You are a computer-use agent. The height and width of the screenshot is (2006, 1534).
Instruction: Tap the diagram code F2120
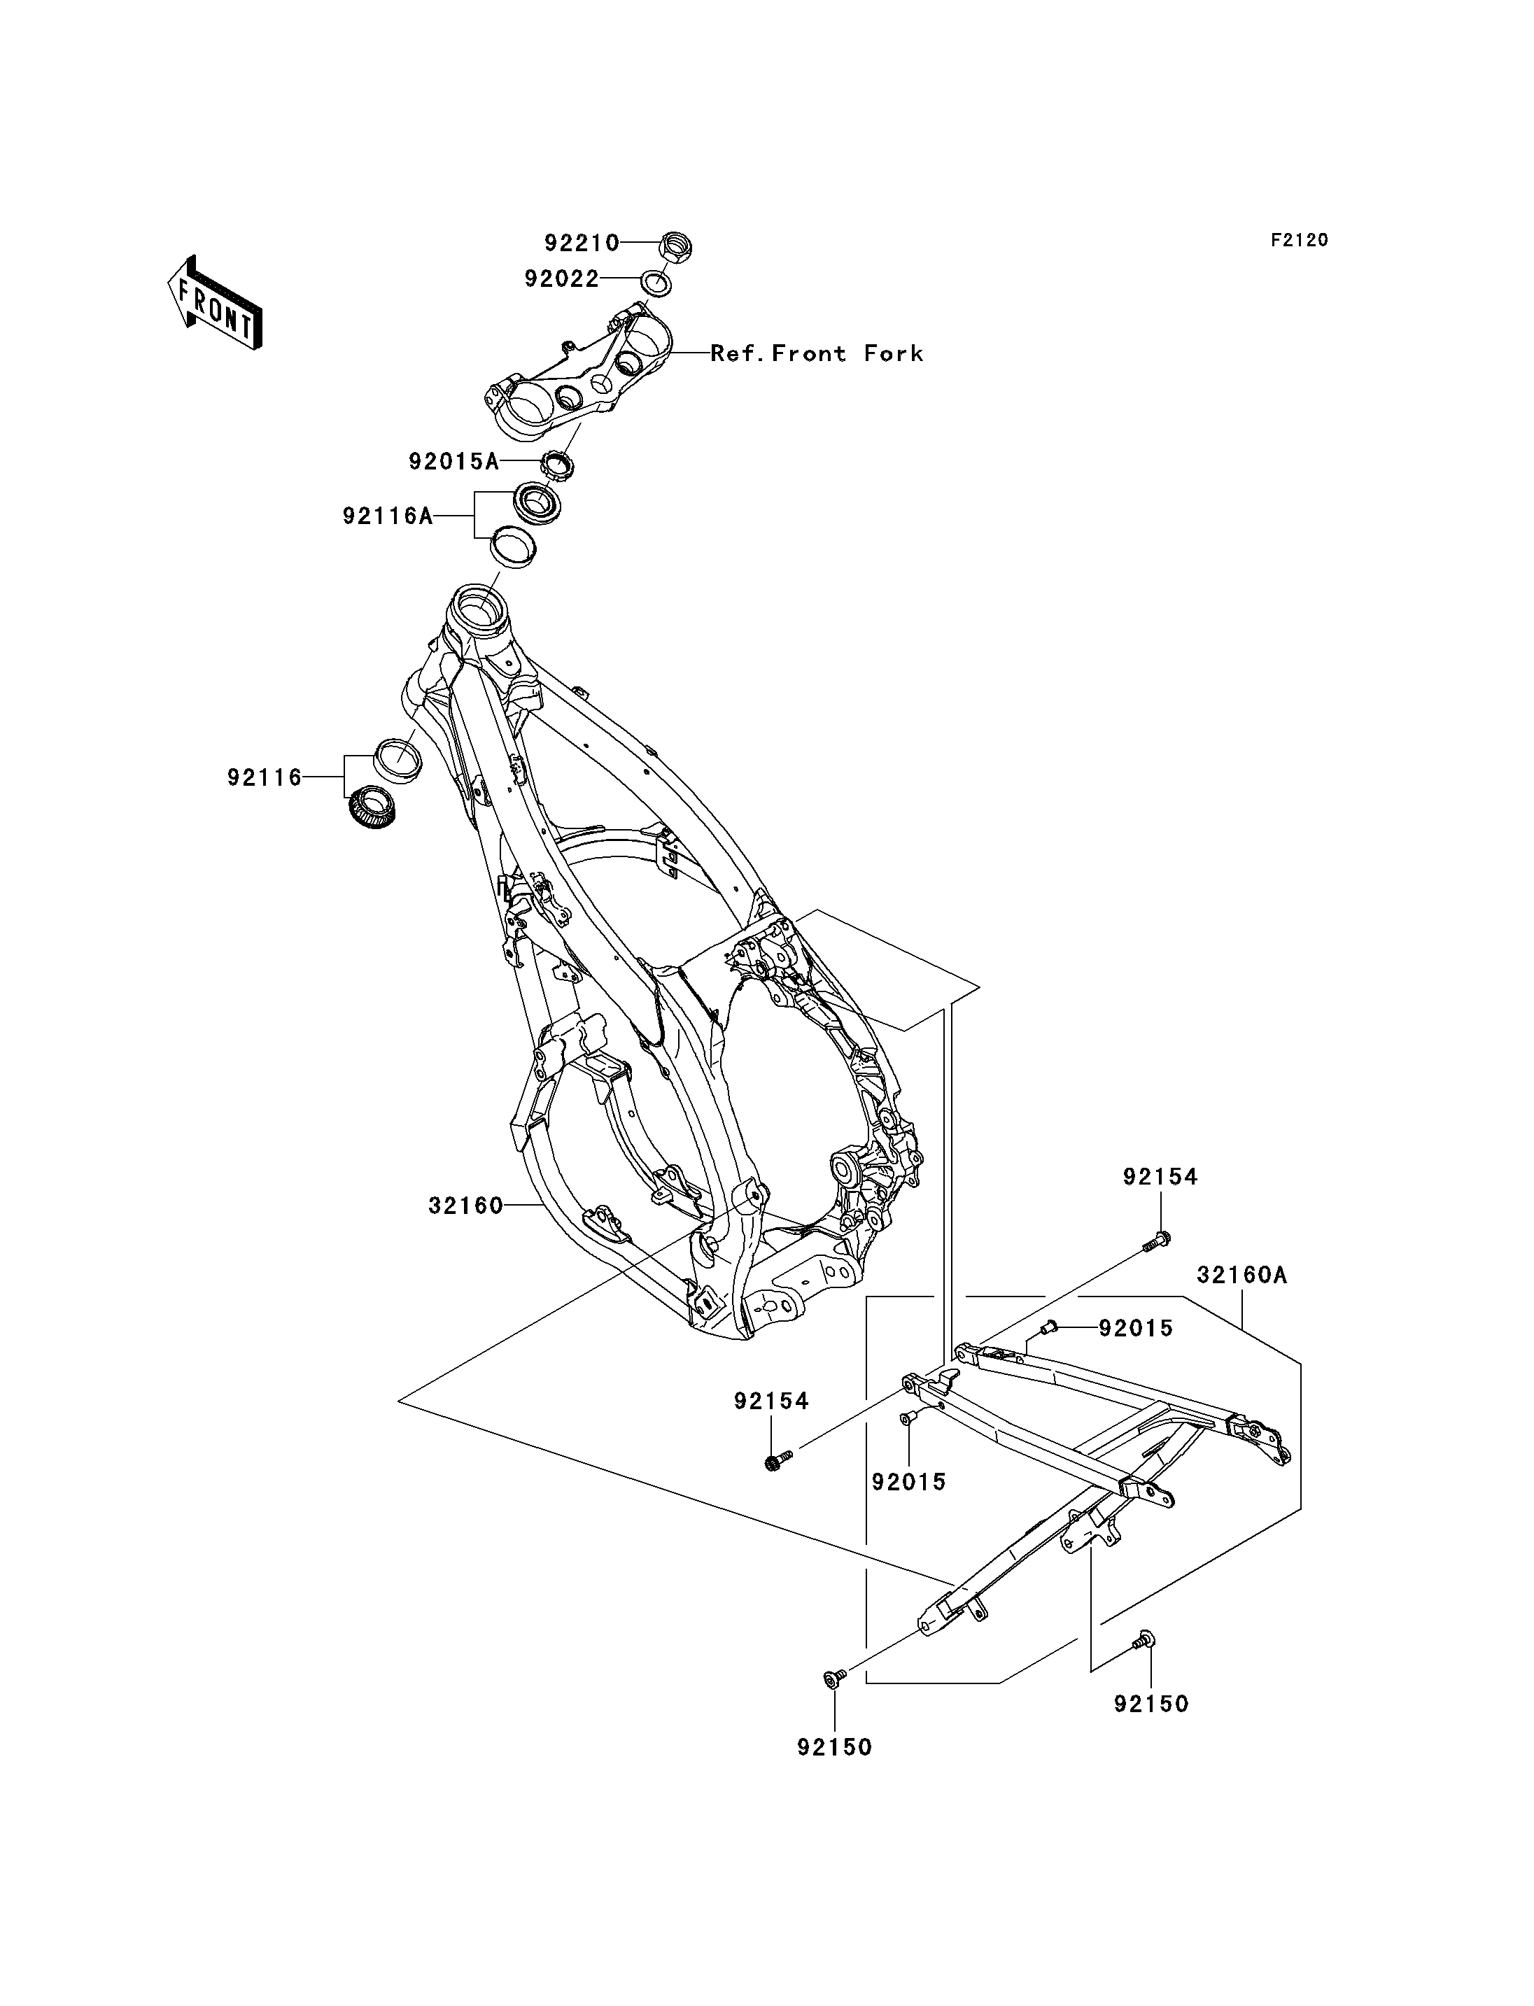point(1300,240)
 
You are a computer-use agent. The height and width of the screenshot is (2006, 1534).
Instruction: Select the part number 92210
point(582,243)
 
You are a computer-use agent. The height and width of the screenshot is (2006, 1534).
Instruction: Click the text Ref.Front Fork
point(816,353)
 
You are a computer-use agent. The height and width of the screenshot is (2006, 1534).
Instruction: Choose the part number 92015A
point(453,462)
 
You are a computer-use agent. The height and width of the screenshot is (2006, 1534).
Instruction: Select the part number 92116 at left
point(264,778)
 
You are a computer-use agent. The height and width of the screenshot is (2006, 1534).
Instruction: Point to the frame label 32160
point(465,1206)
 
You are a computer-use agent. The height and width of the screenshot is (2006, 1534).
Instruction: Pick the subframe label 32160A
point(1241,1276)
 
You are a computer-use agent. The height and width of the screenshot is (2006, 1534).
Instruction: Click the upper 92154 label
point(1160,1177)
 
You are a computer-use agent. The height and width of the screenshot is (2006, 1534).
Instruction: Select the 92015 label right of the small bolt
point(1136,1329)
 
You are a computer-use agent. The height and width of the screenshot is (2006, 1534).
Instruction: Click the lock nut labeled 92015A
point(557,464)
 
